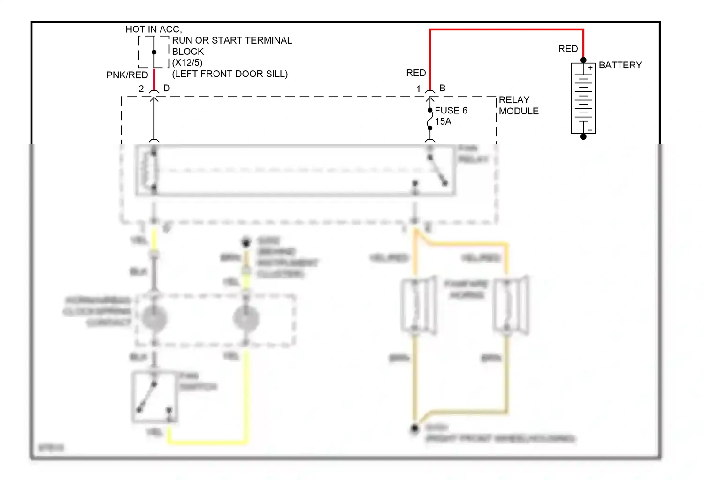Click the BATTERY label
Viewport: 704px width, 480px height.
[x=620, y=65]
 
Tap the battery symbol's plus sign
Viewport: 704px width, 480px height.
[x=590, y=68]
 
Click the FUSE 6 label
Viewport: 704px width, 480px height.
[x=451, y=110]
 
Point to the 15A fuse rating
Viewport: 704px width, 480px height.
[x=443, y=121]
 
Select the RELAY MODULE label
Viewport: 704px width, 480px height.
[x=518, y=105]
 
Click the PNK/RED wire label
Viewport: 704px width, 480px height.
[x=127, y=75]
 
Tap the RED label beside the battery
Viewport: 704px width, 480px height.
[x=568, y=49]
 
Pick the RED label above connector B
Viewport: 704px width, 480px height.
[x=416, y=73]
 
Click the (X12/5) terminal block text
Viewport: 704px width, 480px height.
[x=187, y=62]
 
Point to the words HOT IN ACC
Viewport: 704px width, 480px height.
[x=153, y=29]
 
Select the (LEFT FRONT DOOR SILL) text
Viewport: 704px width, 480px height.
[x=230, y=74]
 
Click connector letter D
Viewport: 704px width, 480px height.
[x=167, y=88]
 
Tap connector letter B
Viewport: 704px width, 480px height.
[x=442, y=88]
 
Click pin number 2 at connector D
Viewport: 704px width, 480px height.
[x=141, y=89]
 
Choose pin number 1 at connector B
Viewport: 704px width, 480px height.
[x=418, y=89]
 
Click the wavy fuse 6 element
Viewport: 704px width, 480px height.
[x=429, y=119]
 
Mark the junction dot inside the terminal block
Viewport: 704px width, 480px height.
[x=154, y=52]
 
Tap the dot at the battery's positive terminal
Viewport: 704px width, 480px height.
[x=583, y=60]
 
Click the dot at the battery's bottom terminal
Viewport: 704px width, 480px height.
[x=583, y=137]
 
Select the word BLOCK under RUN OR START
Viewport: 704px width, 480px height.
[x=188, y=52]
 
